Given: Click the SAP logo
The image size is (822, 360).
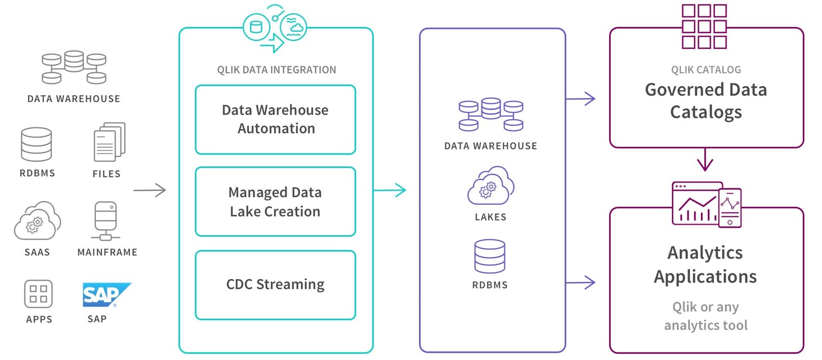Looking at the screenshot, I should pyautogui.click(x=106, y=296).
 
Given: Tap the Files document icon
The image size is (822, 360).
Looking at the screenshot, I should pyautogui.click(x=108, y=142).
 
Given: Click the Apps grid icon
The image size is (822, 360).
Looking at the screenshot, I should pyautogui.click(x=38, y=294).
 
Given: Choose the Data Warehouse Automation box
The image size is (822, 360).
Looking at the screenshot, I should pyautogui.click(x=275, y=119).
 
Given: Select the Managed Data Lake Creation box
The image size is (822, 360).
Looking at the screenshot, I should pyautogui.click(x=275, y=201).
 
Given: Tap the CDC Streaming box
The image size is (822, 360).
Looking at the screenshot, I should pyautogui.click(x=275, y=284).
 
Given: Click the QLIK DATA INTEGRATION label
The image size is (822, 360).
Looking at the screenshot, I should pyautogui.click(x=276, y=70).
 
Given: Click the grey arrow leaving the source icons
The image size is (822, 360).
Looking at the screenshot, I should pyautogui.click(x=150, y=190).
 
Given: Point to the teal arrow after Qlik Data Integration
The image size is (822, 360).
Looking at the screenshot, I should pyautogui.click(x=390, y=190).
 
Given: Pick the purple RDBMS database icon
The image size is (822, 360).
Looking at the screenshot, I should pyautogui.click(x=490, y=256).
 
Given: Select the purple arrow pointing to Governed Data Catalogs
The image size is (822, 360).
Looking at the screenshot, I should pyautogui.click(x=581, y=99).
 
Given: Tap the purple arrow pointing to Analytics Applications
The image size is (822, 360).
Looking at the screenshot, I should pyautogui.click(x=581, y=282).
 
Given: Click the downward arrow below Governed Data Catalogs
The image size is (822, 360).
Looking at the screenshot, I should pyautogui.click(x=706, y=159).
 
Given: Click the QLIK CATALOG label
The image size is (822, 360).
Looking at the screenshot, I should pyautogui.click(x=706, y=70).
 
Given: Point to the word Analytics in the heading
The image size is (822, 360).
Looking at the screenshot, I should pyautogui.click(x=705, y=252).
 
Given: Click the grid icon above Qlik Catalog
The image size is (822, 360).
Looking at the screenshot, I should pyautogui.click(x=704, y=26).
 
